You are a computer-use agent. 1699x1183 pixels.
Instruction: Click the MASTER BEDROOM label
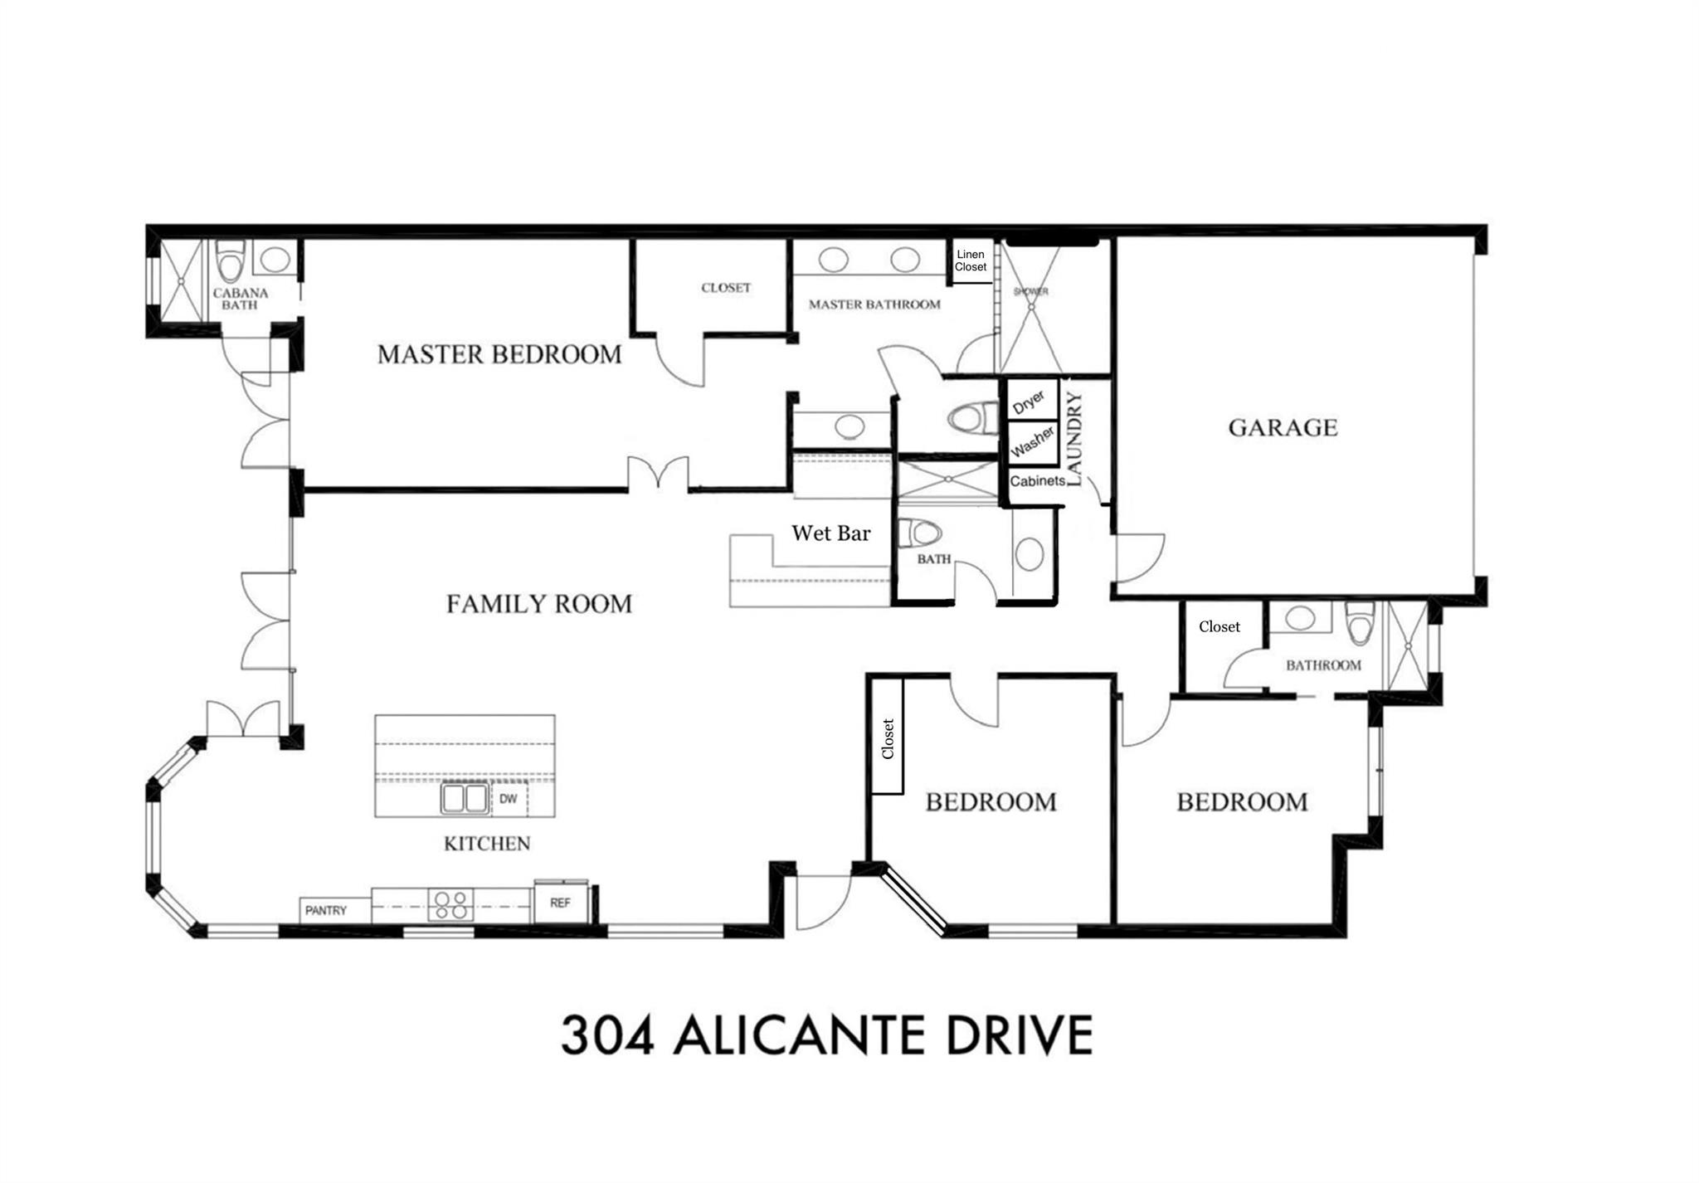(499, 354)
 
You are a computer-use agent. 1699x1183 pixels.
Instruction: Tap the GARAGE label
(1283, 427)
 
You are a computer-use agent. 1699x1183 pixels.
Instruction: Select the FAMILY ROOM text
(538, 603)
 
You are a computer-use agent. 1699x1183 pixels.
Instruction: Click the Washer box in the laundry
(1032, 443)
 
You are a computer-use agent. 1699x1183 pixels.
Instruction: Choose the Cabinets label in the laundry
(1037, 481)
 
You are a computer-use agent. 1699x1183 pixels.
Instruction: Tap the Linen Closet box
(971, 261)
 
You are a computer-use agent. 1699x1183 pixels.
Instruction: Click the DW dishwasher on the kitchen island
(509, 799)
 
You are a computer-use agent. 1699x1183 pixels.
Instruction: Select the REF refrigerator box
(560, 903)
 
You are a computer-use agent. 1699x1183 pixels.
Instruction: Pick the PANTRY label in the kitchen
(326, 910)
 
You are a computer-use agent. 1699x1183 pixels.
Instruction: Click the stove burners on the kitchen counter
(450, 905)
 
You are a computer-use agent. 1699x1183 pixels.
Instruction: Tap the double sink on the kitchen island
(464, 798)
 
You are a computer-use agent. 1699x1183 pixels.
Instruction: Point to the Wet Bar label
(830, 533)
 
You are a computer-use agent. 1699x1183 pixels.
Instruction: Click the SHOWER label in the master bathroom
(1031, 292)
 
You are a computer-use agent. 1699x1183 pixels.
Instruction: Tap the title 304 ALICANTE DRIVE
(826, 1035)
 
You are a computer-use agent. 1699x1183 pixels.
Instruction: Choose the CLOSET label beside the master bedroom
(726, 288)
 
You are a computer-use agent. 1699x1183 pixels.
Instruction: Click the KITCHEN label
(487, 844)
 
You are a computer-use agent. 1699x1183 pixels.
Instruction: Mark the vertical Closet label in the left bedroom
(888, 738)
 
